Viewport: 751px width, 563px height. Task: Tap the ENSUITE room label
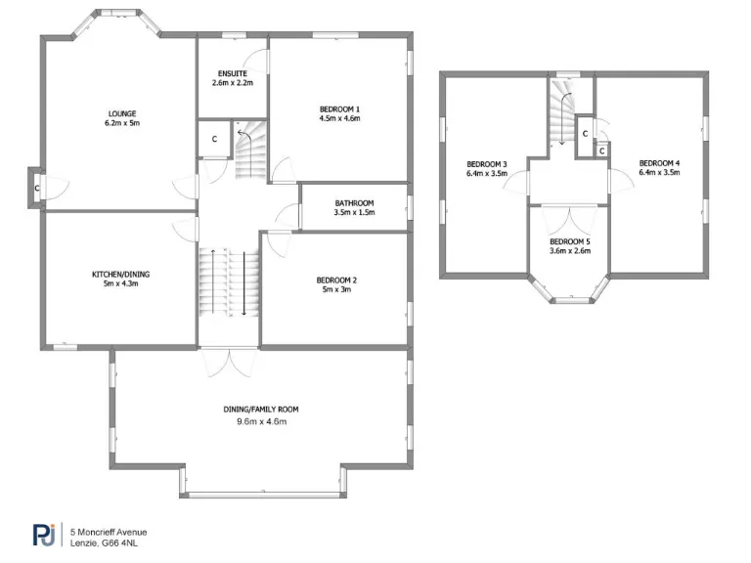[233, 73]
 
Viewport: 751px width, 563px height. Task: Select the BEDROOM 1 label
[339, 108]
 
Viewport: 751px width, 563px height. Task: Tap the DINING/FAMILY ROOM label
[260, 410]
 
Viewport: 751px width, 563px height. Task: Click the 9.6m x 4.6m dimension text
[260, 421]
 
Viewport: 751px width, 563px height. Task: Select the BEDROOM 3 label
[486, 162]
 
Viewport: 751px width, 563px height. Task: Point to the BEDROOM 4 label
[659, 162]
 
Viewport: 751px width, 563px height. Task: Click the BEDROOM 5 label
[569, 241]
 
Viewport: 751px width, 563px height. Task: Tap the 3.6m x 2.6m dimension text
[569, 251]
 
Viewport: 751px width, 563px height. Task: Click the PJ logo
[45, 536]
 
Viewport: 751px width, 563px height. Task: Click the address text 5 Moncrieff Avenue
[109, 531]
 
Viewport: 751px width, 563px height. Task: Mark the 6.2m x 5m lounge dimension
[122, 124]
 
